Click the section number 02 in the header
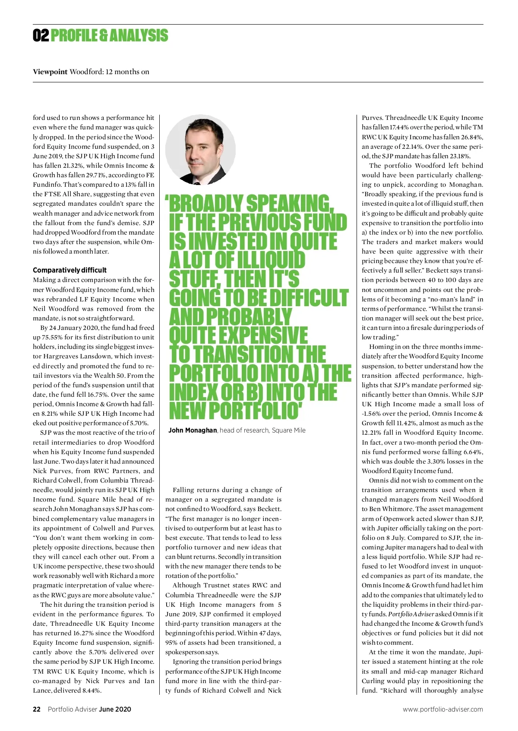click(41, 35)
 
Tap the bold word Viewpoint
click(50, 72)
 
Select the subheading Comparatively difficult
click(69, 270)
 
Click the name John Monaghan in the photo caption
click(193, 430)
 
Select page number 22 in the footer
click(37, 709)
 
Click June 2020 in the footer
click(115, 709)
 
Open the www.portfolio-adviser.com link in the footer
click(443, 709)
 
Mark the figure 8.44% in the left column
click(90, 690)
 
